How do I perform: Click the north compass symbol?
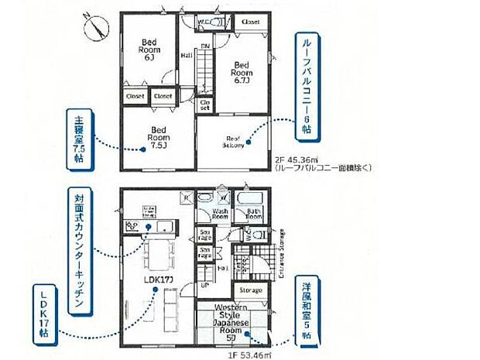97,29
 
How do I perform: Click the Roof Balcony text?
234,142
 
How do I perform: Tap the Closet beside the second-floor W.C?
250,22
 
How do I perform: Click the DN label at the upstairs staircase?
205,46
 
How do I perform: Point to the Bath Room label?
253,213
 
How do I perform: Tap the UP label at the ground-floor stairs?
204,286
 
